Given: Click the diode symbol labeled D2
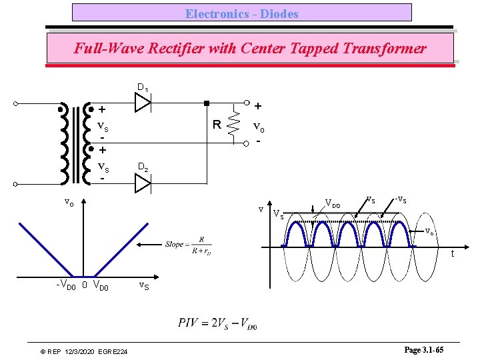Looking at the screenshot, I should click(x=143, y=183).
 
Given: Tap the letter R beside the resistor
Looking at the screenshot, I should click(x=217, y=125).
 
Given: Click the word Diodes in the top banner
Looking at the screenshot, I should click(x=279, y=13).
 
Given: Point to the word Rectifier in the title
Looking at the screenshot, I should click(x=170, y=49).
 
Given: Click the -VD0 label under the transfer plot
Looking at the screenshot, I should click(x=65, y=286).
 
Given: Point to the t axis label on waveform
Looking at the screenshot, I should click(x=452, y=253).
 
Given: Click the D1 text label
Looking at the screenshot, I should click(x=143, y=87).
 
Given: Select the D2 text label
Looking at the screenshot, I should click(x=143, y=166).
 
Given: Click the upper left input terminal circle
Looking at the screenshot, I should click(x=15, y=104).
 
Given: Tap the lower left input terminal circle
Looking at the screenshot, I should click(x=15, y=183).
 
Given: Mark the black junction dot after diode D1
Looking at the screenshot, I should click(x=207, y=103).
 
